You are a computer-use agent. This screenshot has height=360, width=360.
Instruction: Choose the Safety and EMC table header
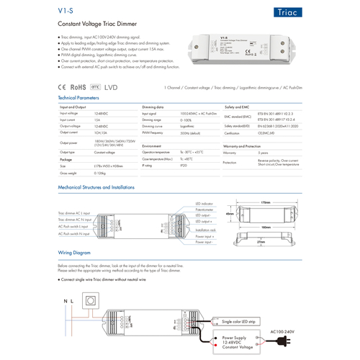point(238,106)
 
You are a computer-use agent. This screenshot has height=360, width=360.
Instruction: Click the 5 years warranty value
point(263,153)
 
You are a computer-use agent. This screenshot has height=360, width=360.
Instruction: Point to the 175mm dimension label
point(265,203)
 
